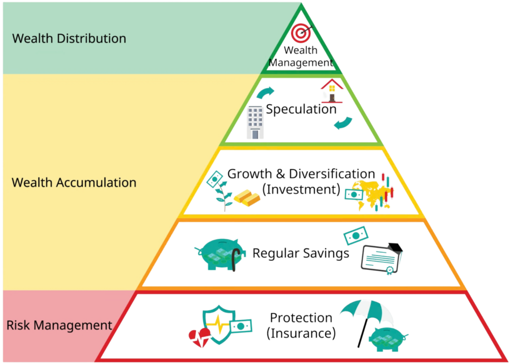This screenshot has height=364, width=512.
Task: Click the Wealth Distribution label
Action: coord(69,38)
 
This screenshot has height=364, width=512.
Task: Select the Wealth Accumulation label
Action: coord(73,182)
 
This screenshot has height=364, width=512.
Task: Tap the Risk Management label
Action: coord(59,325)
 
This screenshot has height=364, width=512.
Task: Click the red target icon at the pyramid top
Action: coord(300,32)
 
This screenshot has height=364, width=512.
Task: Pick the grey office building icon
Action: coord(255,122)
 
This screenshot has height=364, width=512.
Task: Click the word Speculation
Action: coord(301,109)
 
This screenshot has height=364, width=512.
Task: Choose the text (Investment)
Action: coord(301,189)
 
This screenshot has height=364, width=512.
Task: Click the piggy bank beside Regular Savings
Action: coord(220,254)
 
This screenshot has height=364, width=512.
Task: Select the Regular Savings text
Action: coord(300,253)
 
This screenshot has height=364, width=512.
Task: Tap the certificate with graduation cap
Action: coord(382,259)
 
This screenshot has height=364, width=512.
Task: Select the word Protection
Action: coord(301,318)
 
